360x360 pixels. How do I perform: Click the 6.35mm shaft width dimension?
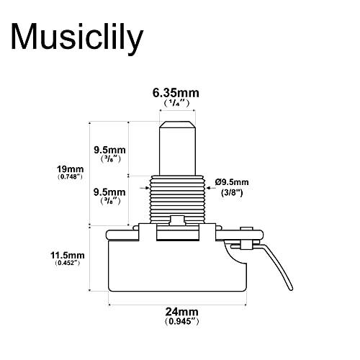[176, 93]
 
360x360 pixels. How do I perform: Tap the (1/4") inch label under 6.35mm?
[177, 104]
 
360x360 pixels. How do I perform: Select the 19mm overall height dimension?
[70, 169]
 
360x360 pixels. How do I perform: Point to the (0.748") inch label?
[70, 177]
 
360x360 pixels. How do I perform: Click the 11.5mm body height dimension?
[68, 255]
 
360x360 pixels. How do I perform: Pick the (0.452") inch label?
[67, 263]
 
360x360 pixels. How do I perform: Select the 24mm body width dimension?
[181, 312]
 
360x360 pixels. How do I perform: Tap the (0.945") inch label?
[181, 321]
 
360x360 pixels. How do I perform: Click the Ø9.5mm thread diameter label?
[232, 182]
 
